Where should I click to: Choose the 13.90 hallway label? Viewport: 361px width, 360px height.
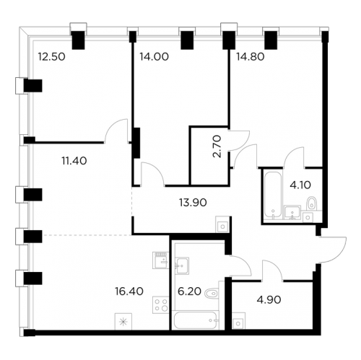191,204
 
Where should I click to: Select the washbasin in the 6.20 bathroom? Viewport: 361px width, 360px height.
181,263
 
